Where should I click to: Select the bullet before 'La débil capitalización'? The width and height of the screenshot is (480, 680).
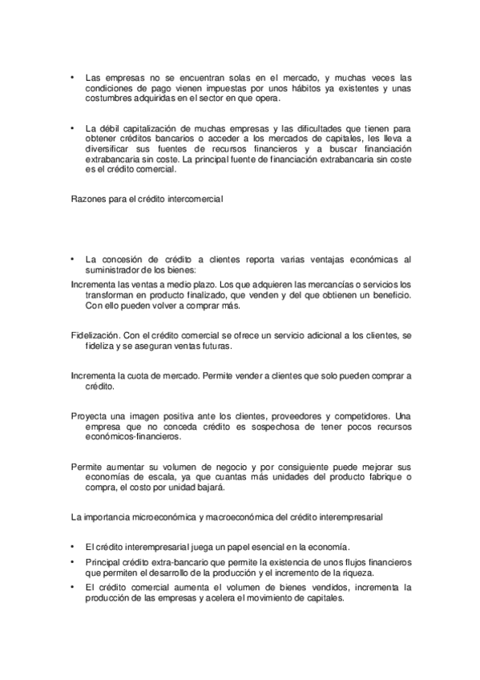click(72, 127)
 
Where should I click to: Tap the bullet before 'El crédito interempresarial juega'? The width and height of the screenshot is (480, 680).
click(72, 544)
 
